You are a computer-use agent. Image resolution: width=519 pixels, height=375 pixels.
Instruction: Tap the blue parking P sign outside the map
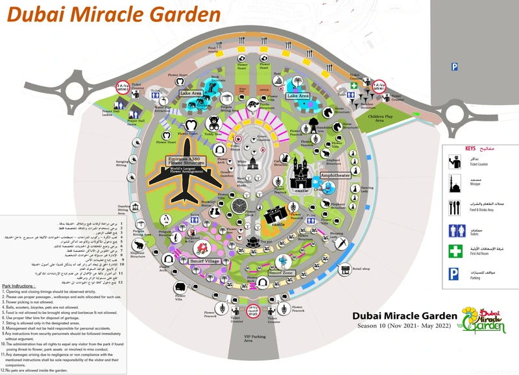click(x=455, y=66)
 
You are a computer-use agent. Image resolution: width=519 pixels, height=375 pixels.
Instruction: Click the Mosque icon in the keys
click(x=456, y=183)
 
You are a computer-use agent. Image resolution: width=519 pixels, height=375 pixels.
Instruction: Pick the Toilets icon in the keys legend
click(x=457, y=230)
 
